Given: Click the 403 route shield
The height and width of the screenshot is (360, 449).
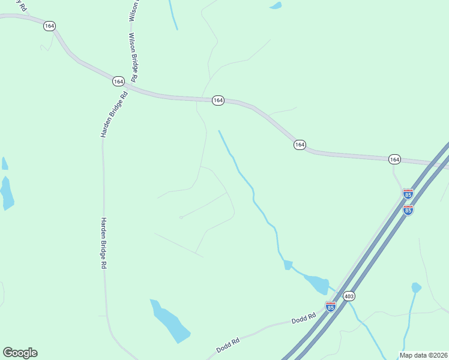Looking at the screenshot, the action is [349, 296].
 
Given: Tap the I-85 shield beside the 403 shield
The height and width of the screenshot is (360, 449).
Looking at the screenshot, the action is [330, 306].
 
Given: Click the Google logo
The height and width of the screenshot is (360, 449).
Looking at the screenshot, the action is [20, 353].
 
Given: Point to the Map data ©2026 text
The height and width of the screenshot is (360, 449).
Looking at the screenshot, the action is [424, 355].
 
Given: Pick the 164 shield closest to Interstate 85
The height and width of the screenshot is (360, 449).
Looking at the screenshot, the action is [394, 159].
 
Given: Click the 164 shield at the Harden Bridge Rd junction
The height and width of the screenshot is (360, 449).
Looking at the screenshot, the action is [118, 80].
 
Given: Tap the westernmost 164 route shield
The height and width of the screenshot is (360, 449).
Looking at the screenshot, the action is [49, 26].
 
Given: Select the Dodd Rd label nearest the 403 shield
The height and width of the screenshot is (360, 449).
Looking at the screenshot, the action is [304, 318].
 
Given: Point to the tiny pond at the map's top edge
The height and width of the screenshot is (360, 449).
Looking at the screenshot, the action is [276, 5].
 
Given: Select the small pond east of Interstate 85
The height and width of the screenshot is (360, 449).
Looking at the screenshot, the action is [416, 287].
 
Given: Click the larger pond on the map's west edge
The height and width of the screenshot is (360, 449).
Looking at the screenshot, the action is [7, 193].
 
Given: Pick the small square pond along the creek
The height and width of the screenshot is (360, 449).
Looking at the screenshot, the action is [288, 265].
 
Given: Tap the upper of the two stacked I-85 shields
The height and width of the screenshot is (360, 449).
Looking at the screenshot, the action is [408, 194].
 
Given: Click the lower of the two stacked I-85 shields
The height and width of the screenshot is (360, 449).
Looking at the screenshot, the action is [408, 209].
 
